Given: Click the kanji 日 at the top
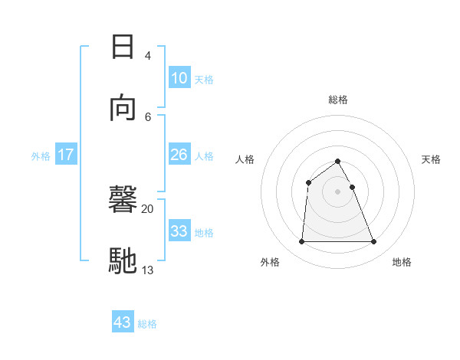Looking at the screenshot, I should (123, 47).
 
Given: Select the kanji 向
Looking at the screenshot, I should (123, 108).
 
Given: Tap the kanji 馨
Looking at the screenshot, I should (123, 201).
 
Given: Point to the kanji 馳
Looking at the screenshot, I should (123, 260).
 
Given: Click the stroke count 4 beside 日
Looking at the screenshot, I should (147, 56).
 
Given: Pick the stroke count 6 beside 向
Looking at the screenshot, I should (147, 116).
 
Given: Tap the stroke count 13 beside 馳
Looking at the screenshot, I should (148, 269).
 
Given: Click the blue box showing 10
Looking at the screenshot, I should (179, 78).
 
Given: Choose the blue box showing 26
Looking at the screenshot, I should (179, 155).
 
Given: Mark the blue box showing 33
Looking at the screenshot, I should (179, 231).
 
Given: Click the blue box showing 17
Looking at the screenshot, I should (66, 155).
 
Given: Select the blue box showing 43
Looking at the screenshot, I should (123, 322).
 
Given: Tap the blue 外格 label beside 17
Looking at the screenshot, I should (41, 156).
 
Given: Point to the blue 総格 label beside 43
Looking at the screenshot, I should (147, 324).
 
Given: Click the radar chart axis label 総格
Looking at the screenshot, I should (338, 100).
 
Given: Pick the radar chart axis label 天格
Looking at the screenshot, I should (432, 159).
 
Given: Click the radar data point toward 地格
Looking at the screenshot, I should (374, 242).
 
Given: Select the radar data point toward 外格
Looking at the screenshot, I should (301, 242).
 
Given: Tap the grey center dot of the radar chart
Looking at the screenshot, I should (338, 191).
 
